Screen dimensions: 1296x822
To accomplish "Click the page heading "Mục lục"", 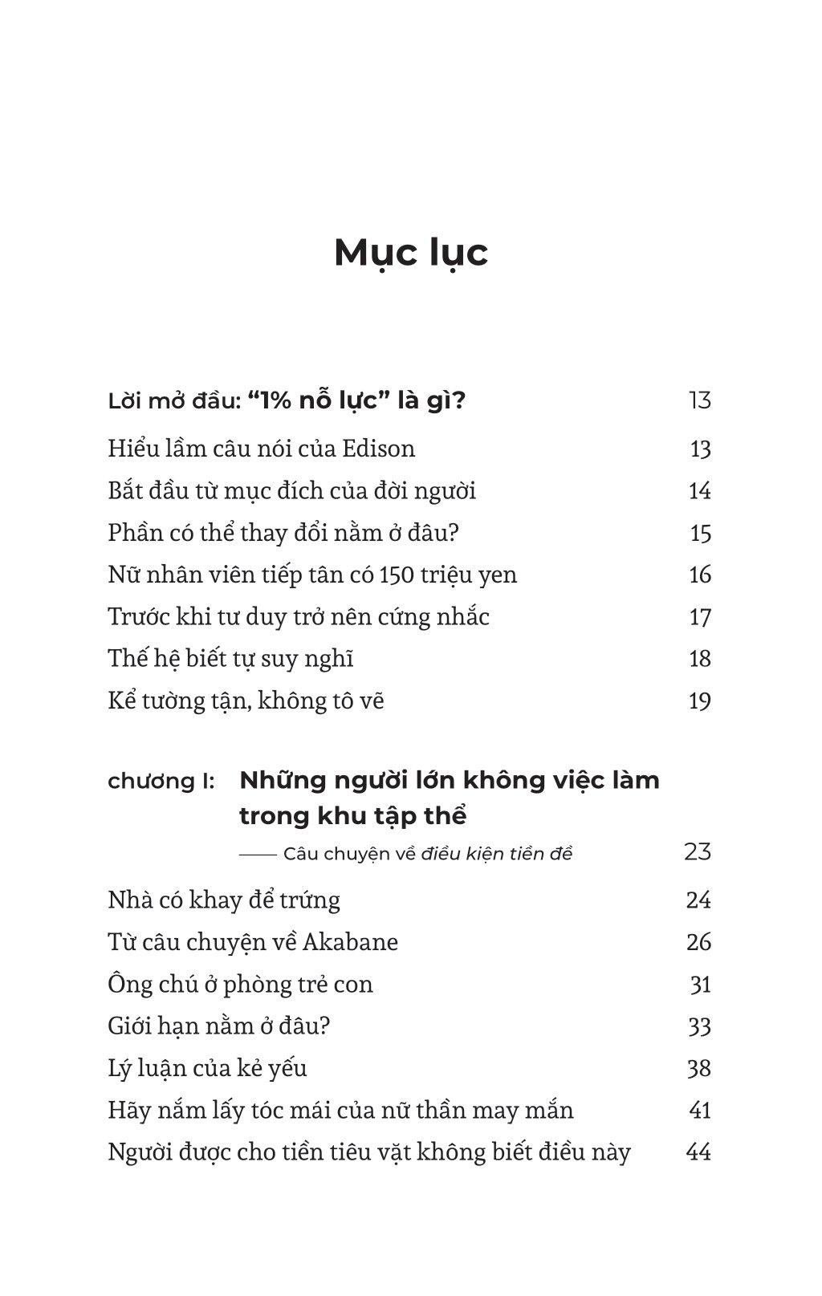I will click(410, 252).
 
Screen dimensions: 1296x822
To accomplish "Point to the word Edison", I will click(379, 449).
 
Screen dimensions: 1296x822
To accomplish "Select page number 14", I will click(699, 490).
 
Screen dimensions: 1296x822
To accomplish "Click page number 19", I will click(699, 701).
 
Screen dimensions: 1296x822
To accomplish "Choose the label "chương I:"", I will click(161, 781).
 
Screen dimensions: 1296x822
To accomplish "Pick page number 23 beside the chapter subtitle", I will click(698, 851).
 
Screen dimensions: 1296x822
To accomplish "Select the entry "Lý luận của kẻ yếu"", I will click(207, 1068).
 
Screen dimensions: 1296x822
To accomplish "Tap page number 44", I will click(698, 1152).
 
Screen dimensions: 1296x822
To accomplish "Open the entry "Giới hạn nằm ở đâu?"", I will click(219, 1026).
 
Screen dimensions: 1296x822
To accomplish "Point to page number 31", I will click(700, 984).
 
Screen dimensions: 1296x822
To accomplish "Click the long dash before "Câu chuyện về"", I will click(258, 854).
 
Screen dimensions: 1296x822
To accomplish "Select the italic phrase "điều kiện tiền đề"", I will click(496, 853).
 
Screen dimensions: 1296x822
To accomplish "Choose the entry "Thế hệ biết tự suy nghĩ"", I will click(230, 659).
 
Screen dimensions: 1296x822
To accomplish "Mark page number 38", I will click(698, 1068).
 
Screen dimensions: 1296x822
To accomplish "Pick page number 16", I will click(699, 575).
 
